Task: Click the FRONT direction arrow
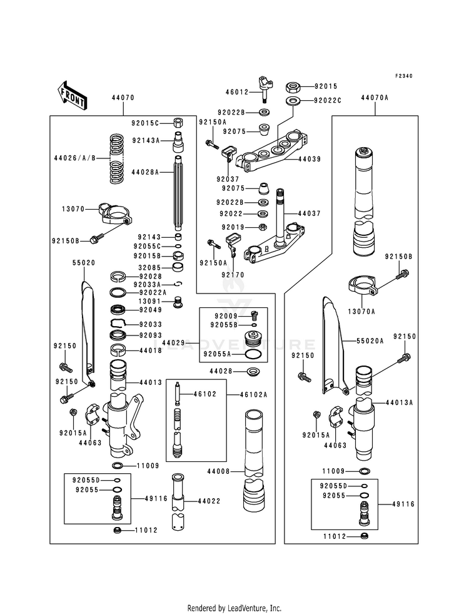click(72, 95)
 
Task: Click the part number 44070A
click(375, 98)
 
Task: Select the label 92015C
click(146, 123)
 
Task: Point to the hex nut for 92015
click(293, 86)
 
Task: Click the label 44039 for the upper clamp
click(309, 159)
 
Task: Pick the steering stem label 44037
click(309, 213)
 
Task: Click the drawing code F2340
click(403, 76)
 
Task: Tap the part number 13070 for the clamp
click(73, 209)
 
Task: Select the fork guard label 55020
click(83, 263)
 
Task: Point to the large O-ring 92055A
click(252, 355)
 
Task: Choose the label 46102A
click(253, 394)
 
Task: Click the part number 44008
click(218, 471)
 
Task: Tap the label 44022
click(209, 501)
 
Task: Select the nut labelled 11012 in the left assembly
click(116, 530)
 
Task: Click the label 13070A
click(361, 311)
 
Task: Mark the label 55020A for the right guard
click(370, 341)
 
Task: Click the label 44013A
click(399, 402)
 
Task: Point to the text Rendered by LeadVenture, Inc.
click(234, 608)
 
